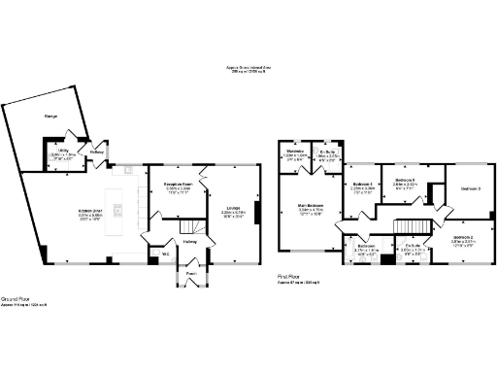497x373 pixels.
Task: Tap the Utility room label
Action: tap(61, 151)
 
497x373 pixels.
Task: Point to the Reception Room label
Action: tap(176, 182)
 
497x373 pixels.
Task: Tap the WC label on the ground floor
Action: tap(165, 254)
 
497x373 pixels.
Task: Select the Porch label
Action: tap(192, 274)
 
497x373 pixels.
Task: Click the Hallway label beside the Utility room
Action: tap(98, 152)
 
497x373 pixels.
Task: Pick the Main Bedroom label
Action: tap(311, 206)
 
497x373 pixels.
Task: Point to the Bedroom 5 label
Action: tap(407, 181)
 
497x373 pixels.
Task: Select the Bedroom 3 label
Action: tap(470, 187)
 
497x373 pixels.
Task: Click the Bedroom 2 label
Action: tap(464, 237)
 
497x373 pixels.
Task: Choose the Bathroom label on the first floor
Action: tap(366, 247)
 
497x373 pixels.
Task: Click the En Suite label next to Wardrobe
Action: tap(327, 152)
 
